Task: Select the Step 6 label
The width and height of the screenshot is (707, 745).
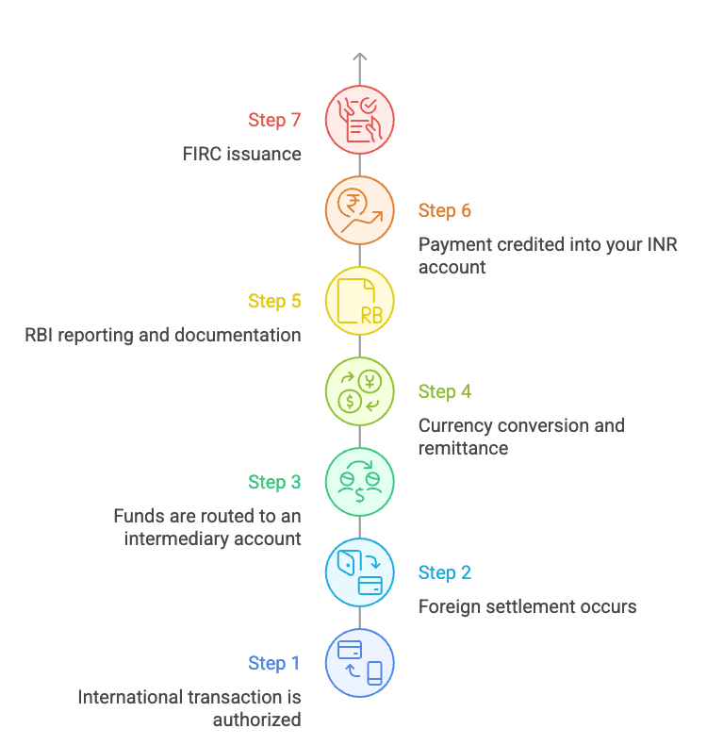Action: (x=445, y=210)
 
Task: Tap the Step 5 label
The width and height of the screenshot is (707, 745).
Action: (x=274, y=301)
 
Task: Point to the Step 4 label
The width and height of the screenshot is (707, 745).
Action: (x=445, y=391)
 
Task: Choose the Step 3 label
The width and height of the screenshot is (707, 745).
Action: (x=274, y=482)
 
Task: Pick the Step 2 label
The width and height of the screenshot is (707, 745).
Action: (x=445, y=572)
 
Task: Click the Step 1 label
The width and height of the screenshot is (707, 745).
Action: (x=274, y=663)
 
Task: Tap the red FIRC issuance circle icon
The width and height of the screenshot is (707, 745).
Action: (x=359, y=120)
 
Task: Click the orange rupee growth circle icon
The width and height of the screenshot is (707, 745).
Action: (x=359, y=210)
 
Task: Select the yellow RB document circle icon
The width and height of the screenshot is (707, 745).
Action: (x=359, y=301)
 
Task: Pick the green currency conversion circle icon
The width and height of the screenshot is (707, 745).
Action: (x=359, y=391)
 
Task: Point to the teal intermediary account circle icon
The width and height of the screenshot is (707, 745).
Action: (x=359, y=482)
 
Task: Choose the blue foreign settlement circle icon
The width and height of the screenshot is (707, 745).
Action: (x=359, y=572)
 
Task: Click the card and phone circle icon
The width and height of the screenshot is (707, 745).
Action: (x=359, y=663)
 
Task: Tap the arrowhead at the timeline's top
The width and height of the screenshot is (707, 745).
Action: (x=359, y=57)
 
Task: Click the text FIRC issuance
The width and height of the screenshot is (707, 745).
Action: (x=242, y=154)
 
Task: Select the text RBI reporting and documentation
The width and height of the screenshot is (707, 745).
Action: (x=163, y=335)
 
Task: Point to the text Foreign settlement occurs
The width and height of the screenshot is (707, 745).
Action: (x=528, y=606)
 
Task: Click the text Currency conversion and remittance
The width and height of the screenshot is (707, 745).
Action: (x=520, y=437)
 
